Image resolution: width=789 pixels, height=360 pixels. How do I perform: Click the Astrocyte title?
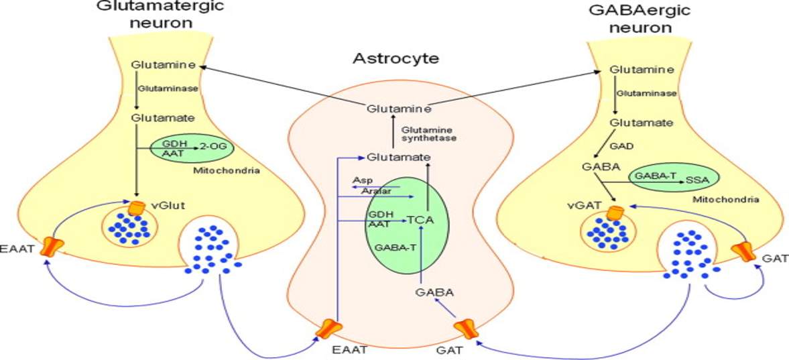point(396,58)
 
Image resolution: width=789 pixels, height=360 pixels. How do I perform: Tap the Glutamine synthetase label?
point(429,134)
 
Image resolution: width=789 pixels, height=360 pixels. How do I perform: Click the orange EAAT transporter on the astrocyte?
point(329,328)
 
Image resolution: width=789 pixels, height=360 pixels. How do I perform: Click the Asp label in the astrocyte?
point(359,180)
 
